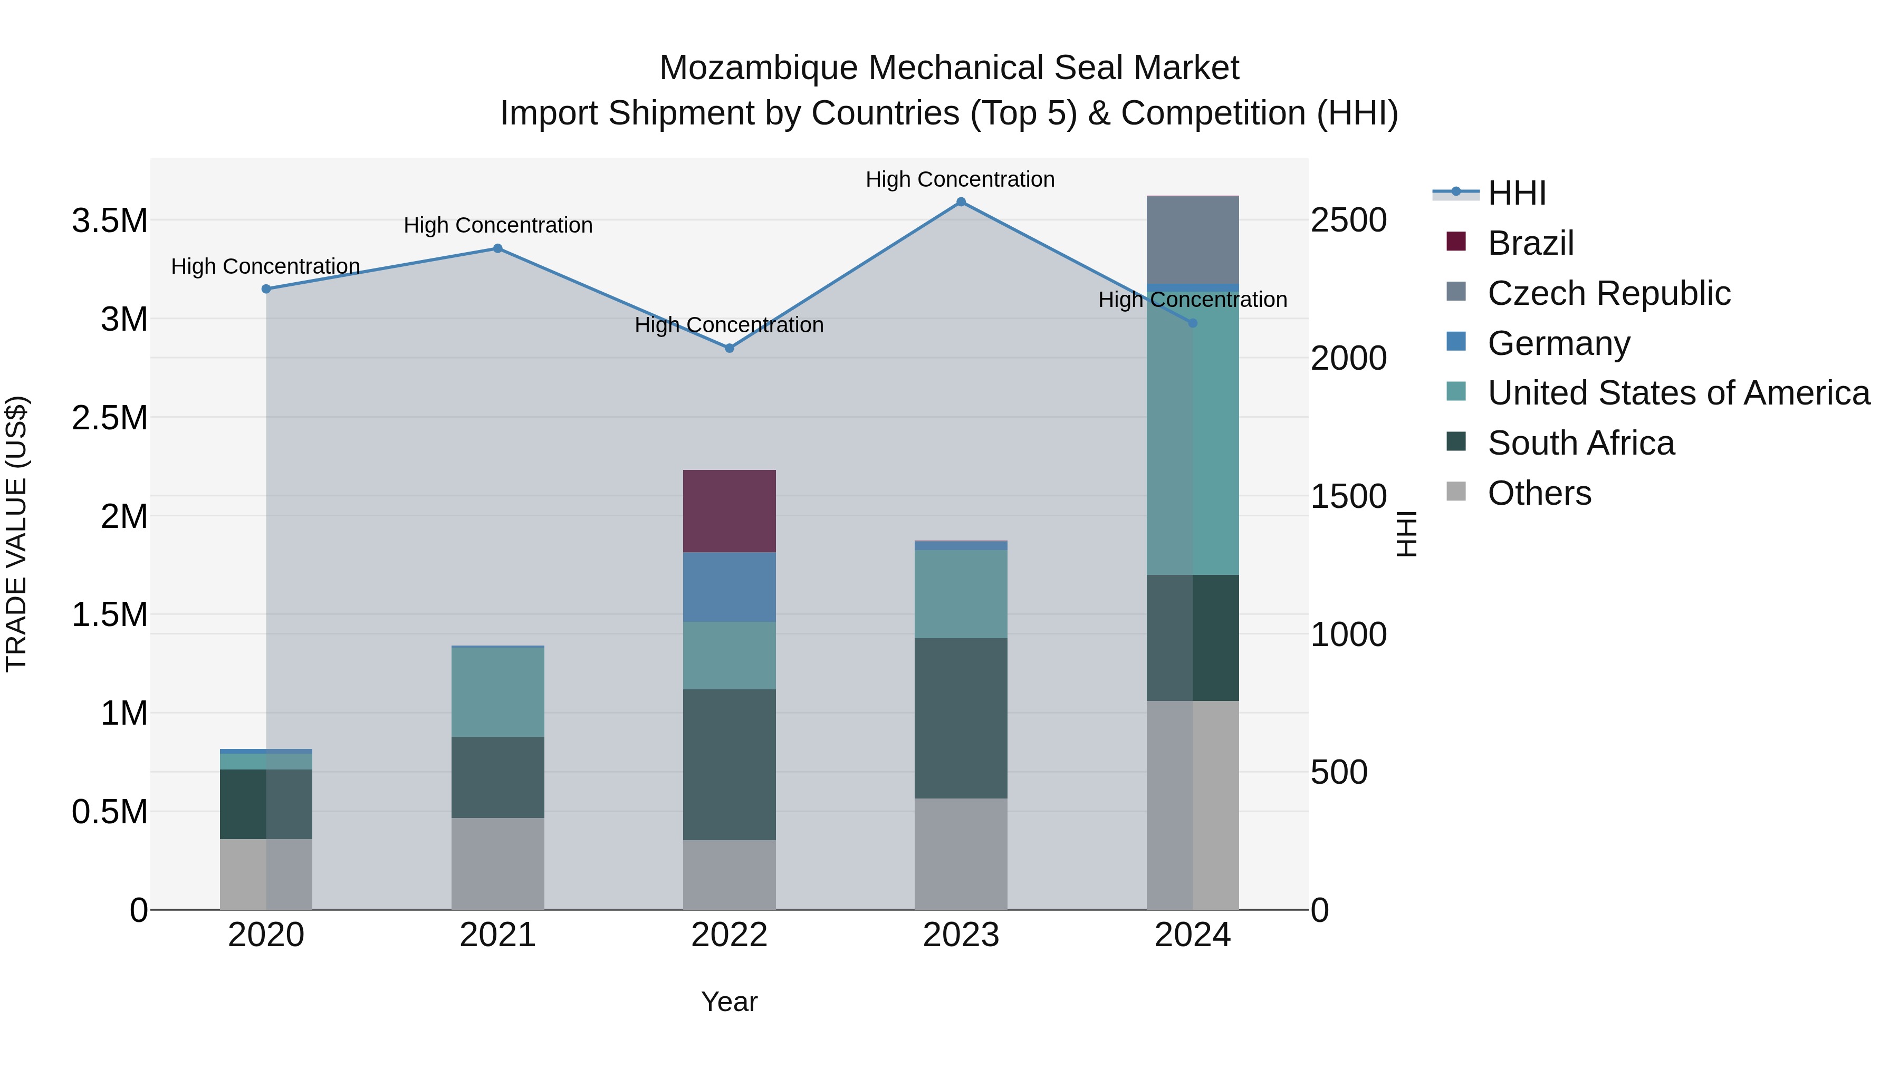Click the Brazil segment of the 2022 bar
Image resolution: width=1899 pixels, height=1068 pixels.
pyautogui.click(x=729, y=511)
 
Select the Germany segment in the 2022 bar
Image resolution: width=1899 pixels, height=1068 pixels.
pyautogui.click(x=729, y=586)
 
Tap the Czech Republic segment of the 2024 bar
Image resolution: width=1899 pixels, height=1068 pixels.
pyautogui.click(x=1193, y=239)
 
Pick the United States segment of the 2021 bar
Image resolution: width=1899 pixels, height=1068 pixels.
pyautogui.click(x=497, y=691)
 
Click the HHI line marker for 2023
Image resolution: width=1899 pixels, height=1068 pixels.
pyautogui.click(x=961, y=202)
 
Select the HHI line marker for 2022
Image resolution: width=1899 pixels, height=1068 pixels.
pyautogui.click(x=729, y=348)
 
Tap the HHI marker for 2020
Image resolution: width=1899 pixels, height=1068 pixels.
pyautogui.click(x=266, y=289)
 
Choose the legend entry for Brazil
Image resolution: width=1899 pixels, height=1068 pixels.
pyautogui.click(x=1530, y=243)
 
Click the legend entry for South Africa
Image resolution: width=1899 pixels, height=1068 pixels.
pyautogui.click(x=1580, y=443)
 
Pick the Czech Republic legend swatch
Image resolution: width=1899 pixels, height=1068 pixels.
pyautogui.click(x=1456, y=292)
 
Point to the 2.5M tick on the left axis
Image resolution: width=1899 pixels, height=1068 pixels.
pyautogui.click(x=110, y=418)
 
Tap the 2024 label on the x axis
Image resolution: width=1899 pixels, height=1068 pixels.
pyautogui.click(x=1192, y=935)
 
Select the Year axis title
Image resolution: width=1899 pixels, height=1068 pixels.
pyautogui.click(x=729, y=1002)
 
